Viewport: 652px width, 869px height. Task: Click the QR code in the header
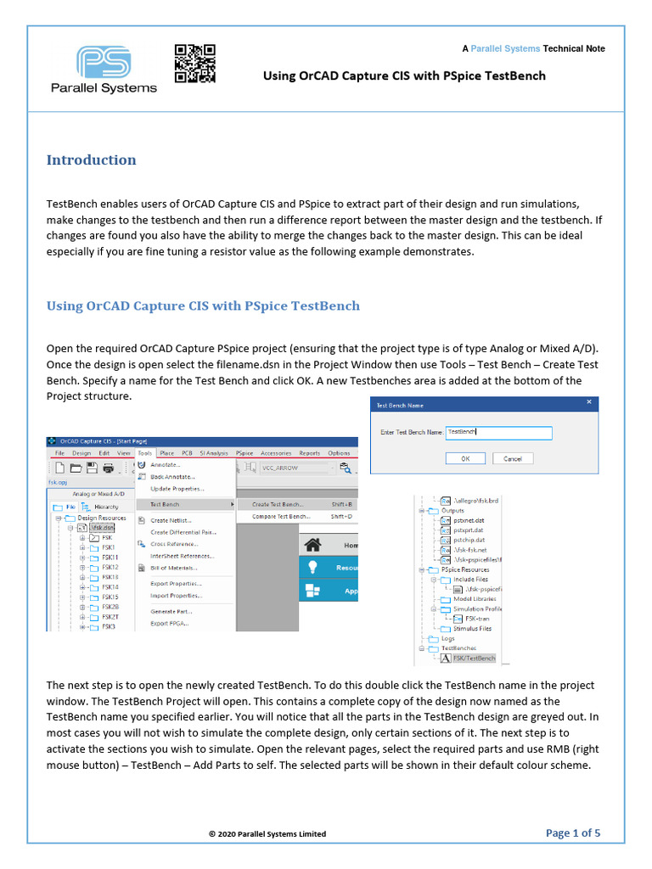click(194, 64)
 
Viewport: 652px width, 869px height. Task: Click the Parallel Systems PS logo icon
click(104, 63)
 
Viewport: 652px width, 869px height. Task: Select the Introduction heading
click(91, 160)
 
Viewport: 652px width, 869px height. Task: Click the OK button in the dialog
click(465, 458)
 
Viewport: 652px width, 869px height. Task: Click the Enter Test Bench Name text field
click(498, 433)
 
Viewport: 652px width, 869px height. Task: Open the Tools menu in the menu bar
click(144, 453)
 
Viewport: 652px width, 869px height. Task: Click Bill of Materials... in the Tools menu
click(173, 568)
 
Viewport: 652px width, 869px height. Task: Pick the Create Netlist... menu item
click(171, 520)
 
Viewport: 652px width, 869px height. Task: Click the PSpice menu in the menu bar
click(244, 453)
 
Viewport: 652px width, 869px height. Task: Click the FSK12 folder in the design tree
click(110, 567)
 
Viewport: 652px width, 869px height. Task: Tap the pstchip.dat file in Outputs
click(469, 540)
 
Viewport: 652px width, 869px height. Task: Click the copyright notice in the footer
click(267, 834)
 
